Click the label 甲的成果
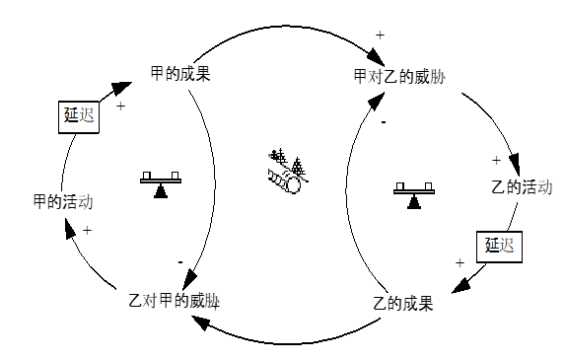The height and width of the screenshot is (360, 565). click(179, 73)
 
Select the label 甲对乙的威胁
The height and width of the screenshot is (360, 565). click(398, 76)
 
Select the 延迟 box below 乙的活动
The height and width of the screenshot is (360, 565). click(498, 246)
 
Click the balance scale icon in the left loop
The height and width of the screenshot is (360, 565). click(161, 183)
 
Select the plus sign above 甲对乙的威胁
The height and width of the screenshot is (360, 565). click(381, 36)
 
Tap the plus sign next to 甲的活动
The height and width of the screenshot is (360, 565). click(87, 230)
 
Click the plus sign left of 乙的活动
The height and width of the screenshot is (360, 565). click(496, 159)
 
